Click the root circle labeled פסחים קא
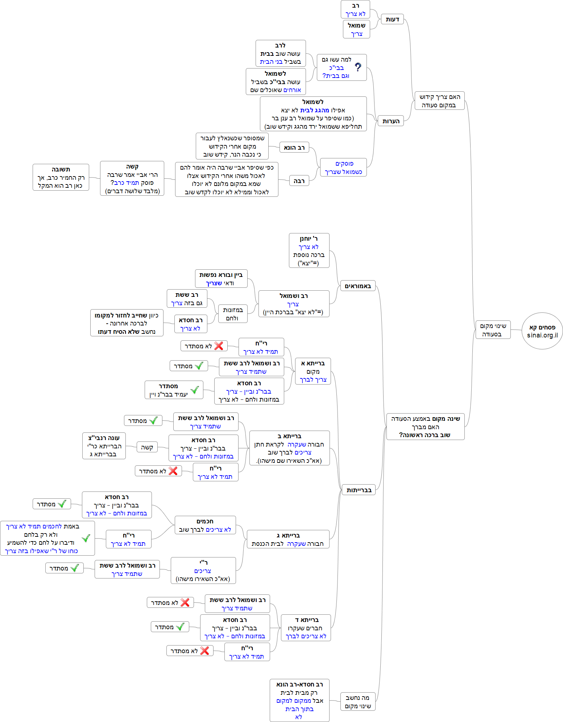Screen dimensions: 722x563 click(542, 328)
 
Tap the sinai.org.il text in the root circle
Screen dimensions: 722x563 click(542, 336)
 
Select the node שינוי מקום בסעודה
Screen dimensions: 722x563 click(493, 330)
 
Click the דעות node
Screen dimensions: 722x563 click(392, 20)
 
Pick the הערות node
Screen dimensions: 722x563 click(391, 121)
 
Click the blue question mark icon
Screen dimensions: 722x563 click(358, 67)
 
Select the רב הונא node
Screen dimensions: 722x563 click(294, 148)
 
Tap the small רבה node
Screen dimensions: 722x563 click(299, 181)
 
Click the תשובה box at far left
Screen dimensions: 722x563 click(61, 177)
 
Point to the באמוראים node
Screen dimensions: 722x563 click(357, 286)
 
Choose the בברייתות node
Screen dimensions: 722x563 click(359, 490)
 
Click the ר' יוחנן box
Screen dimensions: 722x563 click(309, 250)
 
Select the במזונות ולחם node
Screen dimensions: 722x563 click(233, 314)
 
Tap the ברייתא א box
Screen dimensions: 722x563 click(313, 371)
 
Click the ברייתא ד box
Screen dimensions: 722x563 click(306, 628)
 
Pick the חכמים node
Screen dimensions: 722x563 click(205, 525)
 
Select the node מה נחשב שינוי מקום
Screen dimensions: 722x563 click(358, 702)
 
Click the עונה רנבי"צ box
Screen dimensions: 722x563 click(104, 446)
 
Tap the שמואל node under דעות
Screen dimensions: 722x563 click(356, 29)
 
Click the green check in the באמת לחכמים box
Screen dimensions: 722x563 click(86, 538)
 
